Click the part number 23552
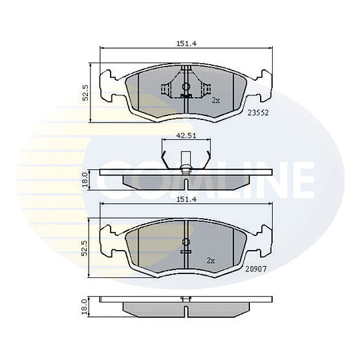coord(258,113)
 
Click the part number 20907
coord(256,269)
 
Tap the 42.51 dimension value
coord(186,135)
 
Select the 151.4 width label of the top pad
coord(187,43)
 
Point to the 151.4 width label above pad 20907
coord(187,199)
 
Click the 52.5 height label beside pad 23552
coord(85,92)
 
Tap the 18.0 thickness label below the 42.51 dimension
coord(85,179)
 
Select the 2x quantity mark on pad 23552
coord(215,100)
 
